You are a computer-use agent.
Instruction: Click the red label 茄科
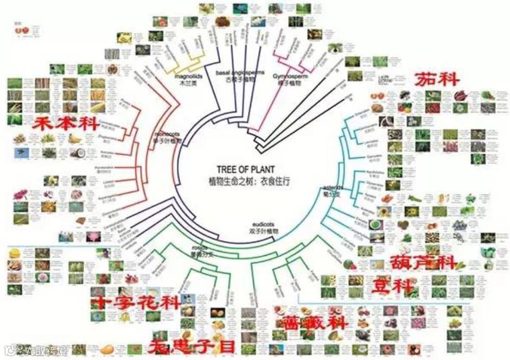(x=437, y=80)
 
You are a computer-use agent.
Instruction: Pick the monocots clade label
(x=165, y=136)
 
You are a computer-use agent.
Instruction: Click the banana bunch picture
(x=74, y=138)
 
